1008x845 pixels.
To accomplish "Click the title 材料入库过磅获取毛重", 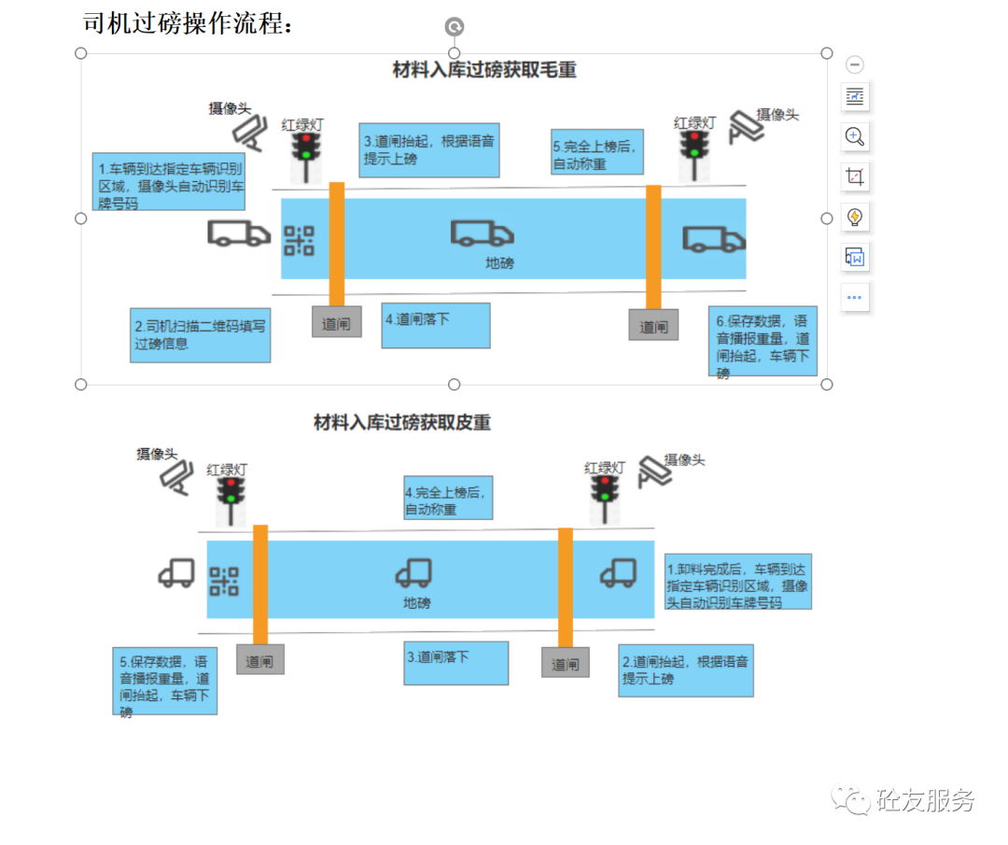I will click(x=484, y=69).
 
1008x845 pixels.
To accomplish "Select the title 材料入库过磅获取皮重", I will click(x=401, y=422).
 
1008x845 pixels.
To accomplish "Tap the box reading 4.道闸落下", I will click(x=435, y=325).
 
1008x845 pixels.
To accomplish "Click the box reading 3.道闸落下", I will click(x=455, y=663).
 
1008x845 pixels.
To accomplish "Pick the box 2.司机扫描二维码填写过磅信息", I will click(x=202, y=335).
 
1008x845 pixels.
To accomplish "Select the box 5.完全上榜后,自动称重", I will click(x=597, y=152).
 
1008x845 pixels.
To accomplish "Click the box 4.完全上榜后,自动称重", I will click(x=447, y=499).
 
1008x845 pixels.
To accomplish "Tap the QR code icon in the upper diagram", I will click(x=300, y=241).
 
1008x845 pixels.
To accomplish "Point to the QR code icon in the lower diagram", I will click(x=224, y=581).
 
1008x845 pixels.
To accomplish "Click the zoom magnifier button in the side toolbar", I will click(x=854, y=136).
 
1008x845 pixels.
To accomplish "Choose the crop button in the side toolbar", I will click(x=854, y=176).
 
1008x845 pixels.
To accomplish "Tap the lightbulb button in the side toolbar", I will click(x=854, y=218).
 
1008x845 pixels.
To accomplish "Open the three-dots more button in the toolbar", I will click(x=854, y=298).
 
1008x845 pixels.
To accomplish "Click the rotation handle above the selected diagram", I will click(x=455, y=27).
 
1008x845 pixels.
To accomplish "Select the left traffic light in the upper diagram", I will click(x=305, y=154).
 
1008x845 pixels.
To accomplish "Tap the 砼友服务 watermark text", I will click(x=924, y=801).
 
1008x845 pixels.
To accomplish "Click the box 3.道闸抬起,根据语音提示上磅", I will click(x=429, y=149).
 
